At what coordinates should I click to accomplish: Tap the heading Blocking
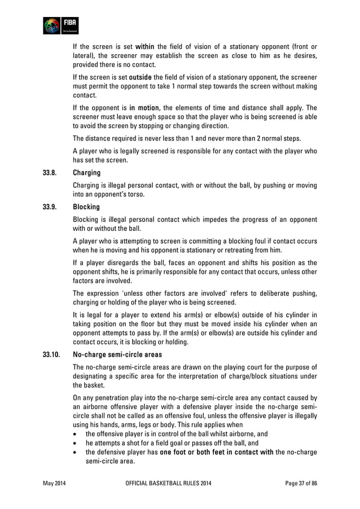86,207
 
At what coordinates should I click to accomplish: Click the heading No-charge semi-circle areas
117,355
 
